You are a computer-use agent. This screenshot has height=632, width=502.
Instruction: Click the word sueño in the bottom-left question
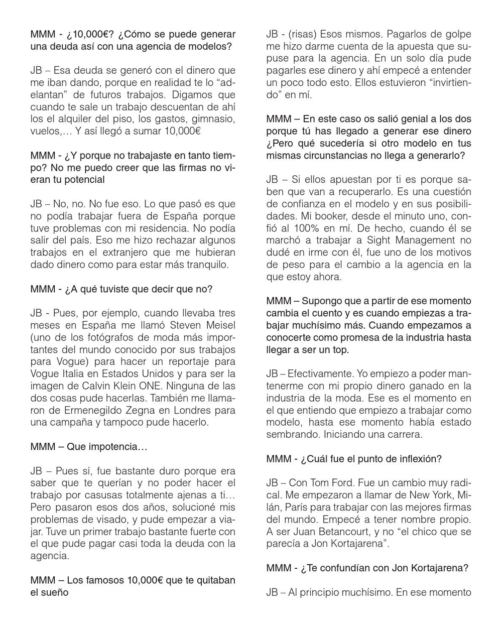coord(58,592)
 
